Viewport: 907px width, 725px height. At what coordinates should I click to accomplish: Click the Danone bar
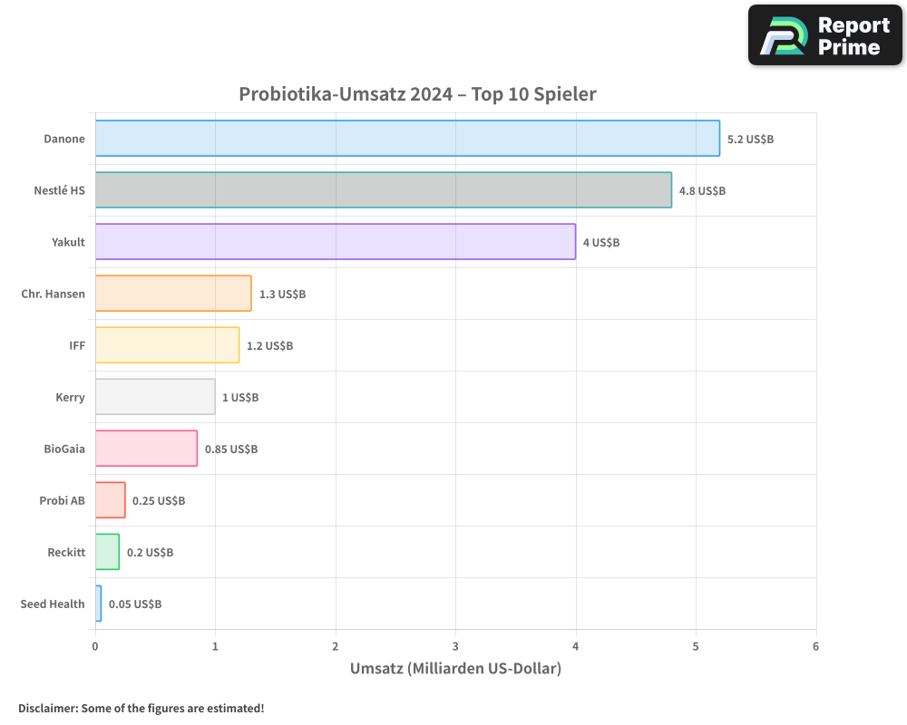tap(407, 139)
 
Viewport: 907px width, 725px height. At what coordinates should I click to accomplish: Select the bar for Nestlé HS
tap(384, 190)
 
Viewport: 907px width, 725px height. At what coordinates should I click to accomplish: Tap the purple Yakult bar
tap(336, 242)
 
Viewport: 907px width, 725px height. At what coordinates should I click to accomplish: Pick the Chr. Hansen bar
tap(173, 294)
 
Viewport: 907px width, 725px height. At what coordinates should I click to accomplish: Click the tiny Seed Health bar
tap(98, 604)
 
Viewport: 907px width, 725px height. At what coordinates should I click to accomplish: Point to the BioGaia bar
tap(146, 449)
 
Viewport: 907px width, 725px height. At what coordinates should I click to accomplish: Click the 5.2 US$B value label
tap(750, 140)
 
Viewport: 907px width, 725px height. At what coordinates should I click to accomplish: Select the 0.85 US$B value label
tap(231, 449)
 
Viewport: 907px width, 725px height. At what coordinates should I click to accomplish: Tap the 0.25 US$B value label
tap(159, 501)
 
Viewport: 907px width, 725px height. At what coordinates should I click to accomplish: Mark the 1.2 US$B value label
tap(270, 346)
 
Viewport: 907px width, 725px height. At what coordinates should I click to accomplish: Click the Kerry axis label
tap(70, 397)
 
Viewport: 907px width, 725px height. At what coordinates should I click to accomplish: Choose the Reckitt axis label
tap(66, 552)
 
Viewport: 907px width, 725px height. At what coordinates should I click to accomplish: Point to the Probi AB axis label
tap(62, 500)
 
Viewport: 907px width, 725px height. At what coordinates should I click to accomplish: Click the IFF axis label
tap(77, 345)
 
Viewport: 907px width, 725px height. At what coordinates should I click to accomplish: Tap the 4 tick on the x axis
tap(576, 646)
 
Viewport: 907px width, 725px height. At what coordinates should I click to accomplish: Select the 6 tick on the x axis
tap(815, 646)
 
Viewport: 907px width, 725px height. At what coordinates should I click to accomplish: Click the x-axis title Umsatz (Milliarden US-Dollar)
tap(455, 669)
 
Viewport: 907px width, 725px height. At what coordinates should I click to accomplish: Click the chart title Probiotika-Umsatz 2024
tap(417, 94)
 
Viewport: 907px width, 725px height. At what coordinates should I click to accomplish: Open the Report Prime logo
tap(824, 35)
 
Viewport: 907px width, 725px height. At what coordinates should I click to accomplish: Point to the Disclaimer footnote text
tap(141, 708)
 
